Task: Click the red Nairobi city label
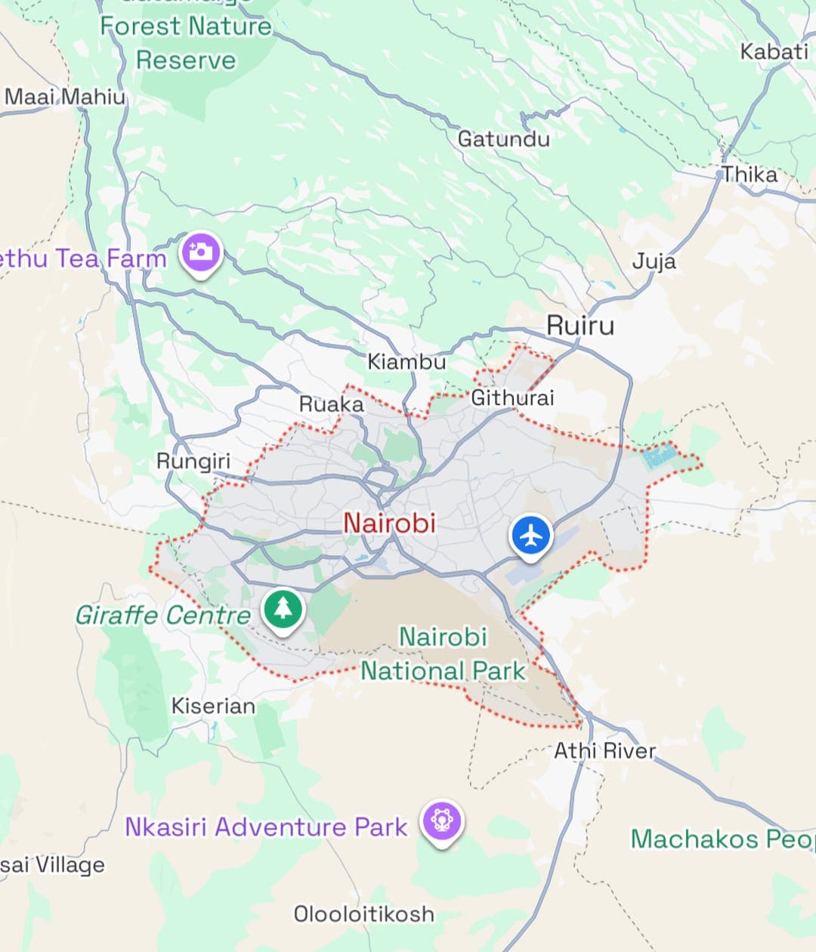[389, 522]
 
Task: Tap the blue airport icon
[532, 536]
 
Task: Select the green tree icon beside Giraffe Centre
[283, 607]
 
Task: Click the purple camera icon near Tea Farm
[200, 252]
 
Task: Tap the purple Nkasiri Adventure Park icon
[442, 821]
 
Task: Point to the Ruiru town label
[580, 326]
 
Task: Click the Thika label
[750, 175]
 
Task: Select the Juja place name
[654, 261]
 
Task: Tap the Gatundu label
[504, 139]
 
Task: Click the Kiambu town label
[406, 362]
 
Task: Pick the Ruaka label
[332, 404]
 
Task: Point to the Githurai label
[512, 397]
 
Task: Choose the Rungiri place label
[193, 461]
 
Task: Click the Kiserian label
[213, 706]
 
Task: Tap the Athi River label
[604, 750]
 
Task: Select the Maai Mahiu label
[65, 97]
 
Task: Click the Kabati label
[774, 51]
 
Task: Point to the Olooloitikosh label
[364, 913]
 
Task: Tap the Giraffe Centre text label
[163, 615]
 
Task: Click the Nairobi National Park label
[443, 654]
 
